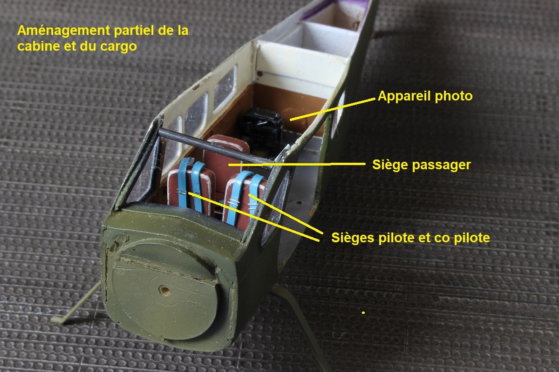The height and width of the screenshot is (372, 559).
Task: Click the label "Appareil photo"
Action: point(425,96)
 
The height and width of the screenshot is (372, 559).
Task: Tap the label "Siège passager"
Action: point(422,165)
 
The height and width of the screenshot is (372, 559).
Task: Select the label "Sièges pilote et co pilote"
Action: point(410,238)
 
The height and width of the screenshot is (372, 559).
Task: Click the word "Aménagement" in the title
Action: point(64,31)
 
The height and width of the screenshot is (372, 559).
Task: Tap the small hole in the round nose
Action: point(165,290)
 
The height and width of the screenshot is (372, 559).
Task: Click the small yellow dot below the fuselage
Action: point(363,312)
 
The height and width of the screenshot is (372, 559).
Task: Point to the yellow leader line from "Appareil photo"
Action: point(333,109)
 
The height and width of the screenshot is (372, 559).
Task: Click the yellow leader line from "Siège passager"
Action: point(297,164)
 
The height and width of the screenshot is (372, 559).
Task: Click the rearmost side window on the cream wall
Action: point(225,87)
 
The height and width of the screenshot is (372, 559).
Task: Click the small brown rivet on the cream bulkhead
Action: point(260,73)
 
